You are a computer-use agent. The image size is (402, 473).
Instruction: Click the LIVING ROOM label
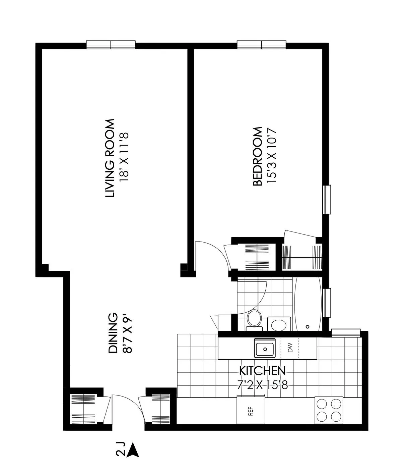tap(110, 158)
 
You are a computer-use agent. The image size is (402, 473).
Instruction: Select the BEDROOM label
tap(257, 156)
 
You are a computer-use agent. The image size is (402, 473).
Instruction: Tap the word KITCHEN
tap(262, 371)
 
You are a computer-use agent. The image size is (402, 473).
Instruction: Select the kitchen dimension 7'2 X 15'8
tap(262, 385)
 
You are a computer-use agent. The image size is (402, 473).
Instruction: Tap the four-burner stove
tap(329, 410)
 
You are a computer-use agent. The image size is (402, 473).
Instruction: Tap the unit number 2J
tap(121, 450)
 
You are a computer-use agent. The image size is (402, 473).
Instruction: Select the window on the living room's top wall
tap(111, 45)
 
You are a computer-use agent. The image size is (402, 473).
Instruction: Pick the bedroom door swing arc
tap(214, 250)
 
